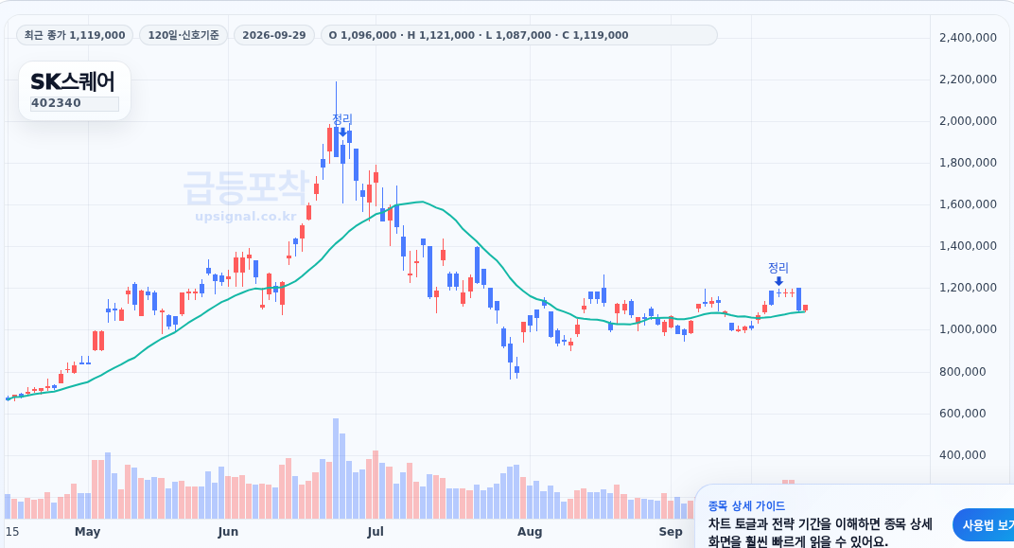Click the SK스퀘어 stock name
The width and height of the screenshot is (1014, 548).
pyautogui.click(x=73, y=81)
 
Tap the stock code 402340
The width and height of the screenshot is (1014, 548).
pyautogui.click(x=56, y=103)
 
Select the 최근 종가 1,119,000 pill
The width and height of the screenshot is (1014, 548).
pyautogui.click(x=75, y=35)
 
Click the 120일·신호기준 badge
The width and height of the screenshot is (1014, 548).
pyautogui.click(x=184, y=35)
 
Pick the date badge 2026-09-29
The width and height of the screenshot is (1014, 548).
pyautogui.click(x=274, y=35)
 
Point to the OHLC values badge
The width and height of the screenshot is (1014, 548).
pyautogui.click(x=479, y=35)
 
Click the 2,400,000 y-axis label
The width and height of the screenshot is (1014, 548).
pyautogui.click(x=968, y=38)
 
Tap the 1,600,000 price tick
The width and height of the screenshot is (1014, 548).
pyautogui.click(x=968, y=204)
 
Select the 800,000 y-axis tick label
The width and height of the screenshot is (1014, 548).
pyautogui.click(x=963, y=371)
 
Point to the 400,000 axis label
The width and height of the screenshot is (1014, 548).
pyautogui.click(x=963, y=455)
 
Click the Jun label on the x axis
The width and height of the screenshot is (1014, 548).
pyautogui.click(x=228, y=532)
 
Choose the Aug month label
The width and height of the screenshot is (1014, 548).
pyautogui.click(x=530, y=532)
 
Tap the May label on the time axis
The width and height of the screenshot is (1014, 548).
pyautogui.click(x=87, y=532)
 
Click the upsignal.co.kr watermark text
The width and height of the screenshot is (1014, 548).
pyautogui.click(x=246, y=216)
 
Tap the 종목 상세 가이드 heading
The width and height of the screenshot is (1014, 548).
pyautogui.click(x=746, y=506)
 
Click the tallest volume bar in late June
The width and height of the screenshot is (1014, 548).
pyautogui.click(x=336, y=468)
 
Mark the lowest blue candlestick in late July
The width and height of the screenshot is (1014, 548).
pyautogui.click(x=516, y=371)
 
